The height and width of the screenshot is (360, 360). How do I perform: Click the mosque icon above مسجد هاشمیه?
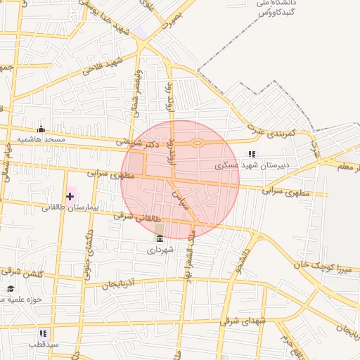tap(41, 129)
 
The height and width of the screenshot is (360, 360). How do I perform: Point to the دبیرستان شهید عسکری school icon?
tap(251, 154)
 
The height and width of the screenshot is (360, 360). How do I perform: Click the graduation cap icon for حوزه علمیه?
tap(11, 289)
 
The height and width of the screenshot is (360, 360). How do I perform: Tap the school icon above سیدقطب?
tap(43, 333)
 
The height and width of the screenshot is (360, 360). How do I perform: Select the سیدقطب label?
tap(44, 345)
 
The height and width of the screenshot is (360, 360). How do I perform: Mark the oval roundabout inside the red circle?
tap(197, 143)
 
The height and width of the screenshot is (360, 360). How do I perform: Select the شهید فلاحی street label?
tap(103, 66)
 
